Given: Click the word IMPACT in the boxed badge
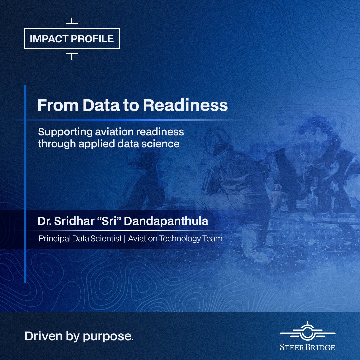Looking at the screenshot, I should click(49, 39).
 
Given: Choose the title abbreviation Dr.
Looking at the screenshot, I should click(44, 221).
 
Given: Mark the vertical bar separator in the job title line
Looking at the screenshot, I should click(125, 239).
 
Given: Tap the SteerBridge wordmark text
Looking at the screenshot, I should click(307, 347).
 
